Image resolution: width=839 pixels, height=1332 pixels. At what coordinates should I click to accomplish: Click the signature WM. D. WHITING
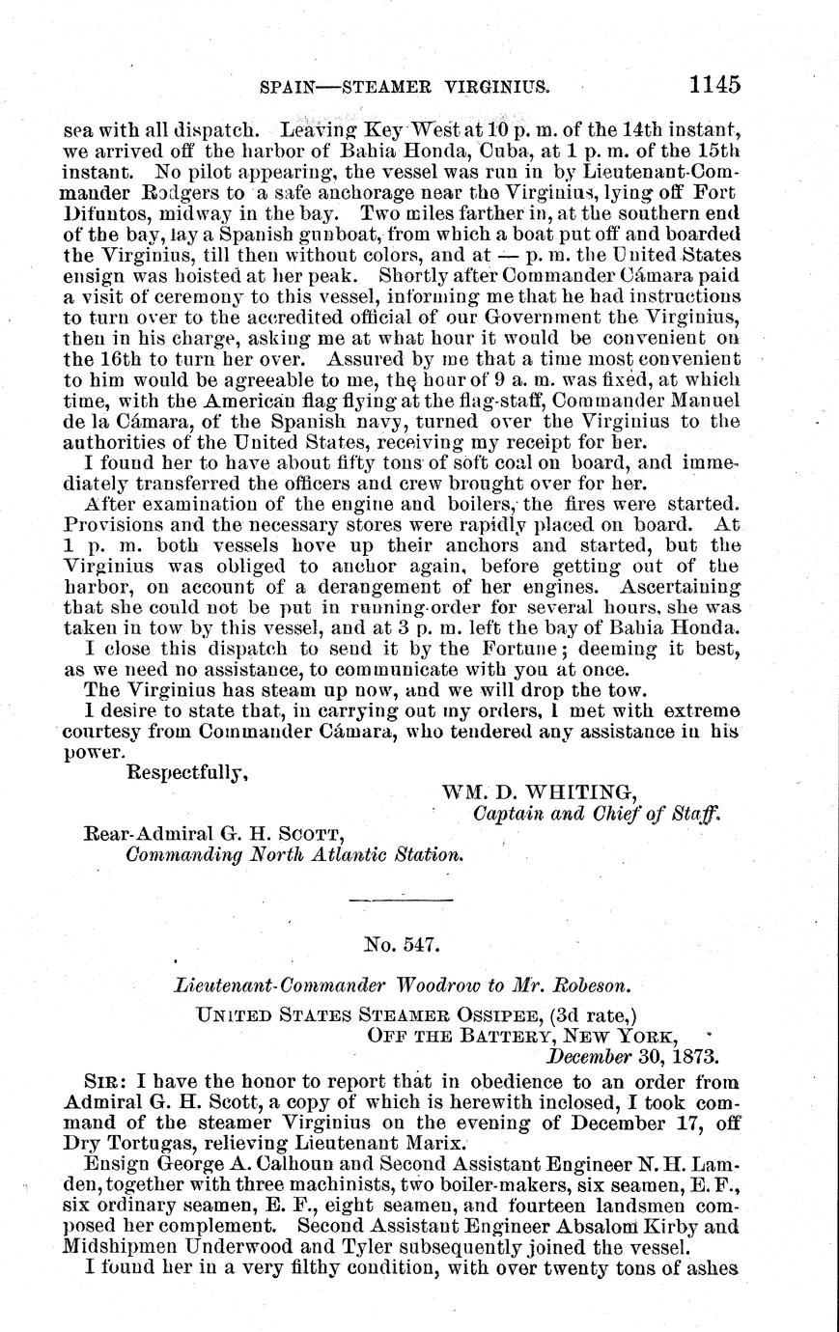540,793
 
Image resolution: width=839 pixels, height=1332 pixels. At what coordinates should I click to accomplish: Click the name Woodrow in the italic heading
430,986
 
